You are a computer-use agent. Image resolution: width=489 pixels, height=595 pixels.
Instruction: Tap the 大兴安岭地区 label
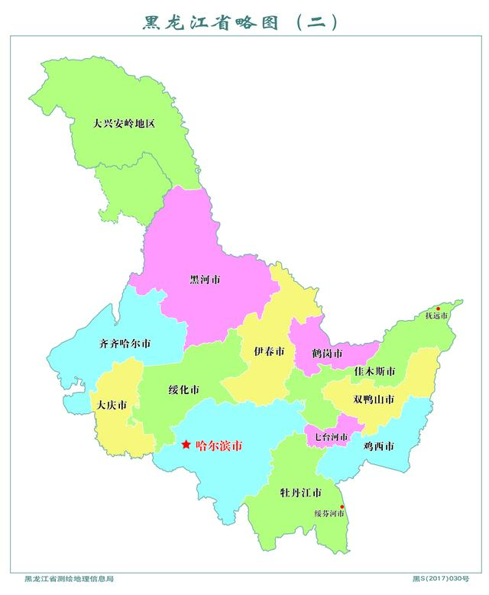[x=124, y=122]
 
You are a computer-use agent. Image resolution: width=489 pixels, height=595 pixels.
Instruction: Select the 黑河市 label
[x=205, y=280]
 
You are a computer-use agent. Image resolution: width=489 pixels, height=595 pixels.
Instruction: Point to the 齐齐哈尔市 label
[x=125, y=344]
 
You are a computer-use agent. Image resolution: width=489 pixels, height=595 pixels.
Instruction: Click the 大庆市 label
[x=112, y=405]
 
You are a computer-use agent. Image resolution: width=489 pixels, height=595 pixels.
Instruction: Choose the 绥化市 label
[x=184, y=390]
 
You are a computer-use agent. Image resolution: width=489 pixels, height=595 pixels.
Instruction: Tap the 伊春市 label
[x=269, y=352]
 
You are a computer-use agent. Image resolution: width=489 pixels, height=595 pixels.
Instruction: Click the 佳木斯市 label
[x=374, y=371]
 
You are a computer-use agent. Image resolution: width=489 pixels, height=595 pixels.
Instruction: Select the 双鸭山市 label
[x=374, y=399]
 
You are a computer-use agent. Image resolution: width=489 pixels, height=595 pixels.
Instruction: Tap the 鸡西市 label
[x=379, y=446]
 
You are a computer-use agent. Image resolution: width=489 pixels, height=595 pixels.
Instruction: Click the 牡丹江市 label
[x=300, y=492]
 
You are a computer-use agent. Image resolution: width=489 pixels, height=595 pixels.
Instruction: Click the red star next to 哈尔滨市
[x=186, y=445]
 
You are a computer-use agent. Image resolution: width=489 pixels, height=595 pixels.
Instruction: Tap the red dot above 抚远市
[x=439, y=309]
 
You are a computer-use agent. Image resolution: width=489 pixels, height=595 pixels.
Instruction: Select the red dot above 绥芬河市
[x=342, y=507]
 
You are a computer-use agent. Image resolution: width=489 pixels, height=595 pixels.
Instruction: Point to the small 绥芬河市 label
[x=329, y=514]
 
